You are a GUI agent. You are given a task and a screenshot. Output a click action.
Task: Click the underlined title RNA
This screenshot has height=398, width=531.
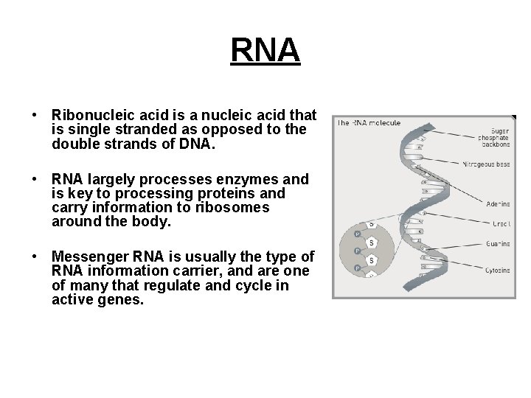(x=265, y=50)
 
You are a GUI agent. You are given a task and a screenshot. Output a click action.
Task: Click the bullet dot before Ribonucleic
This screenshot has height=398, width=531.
(x=35, y=116)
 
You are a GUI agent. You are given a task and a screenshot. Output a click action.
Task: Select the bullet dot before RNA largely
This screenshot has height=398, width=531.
(x=35, y=180)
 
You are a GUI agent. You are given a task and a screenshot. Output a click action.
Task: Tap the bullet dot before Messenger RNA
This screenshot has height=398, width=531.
(x=35, y=257)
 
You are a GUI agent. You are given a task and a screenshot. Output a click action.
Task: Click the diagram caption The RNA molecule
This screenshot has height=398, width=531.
(x=369, y=123)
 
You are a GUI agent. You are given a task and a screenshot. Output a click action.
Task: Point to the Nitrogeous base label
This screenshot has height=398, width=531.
(x=486, y=164)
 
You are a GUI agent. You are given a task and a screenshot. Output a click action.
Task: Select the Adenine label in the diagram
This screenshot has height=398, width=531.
(x=498, y=203)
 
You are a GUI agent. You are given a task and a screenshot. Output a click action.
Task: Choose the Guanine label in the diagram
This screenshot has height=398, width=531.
(x=498, y=243)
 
